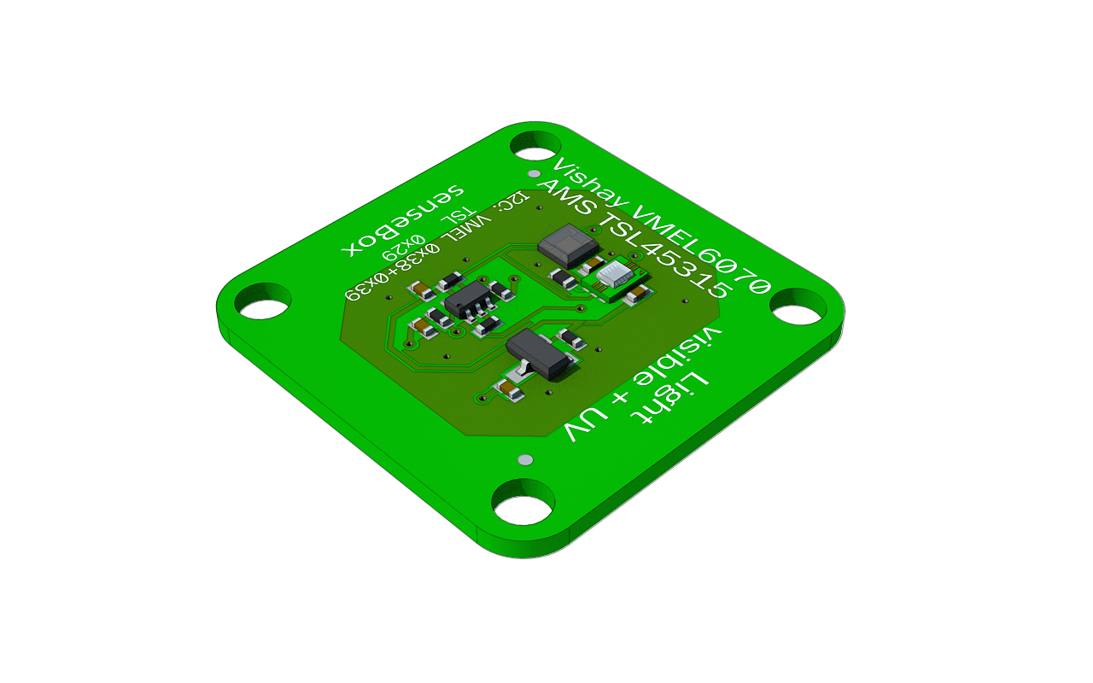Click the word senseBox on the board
pos(403,219)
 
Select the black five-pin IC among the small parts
pos(468,300)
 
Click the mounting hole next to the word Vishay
pos(535,145)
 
